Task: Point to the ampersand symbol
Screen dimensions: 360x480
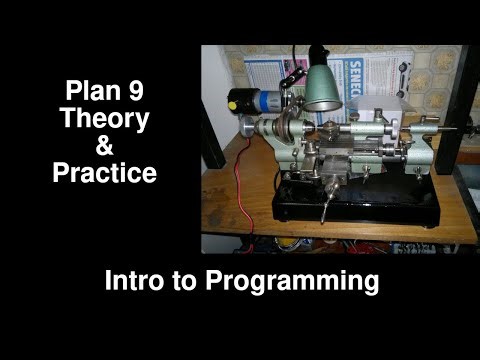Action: pos(105,147)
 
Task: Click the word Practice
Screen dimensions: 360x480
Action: pos(105,173)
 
